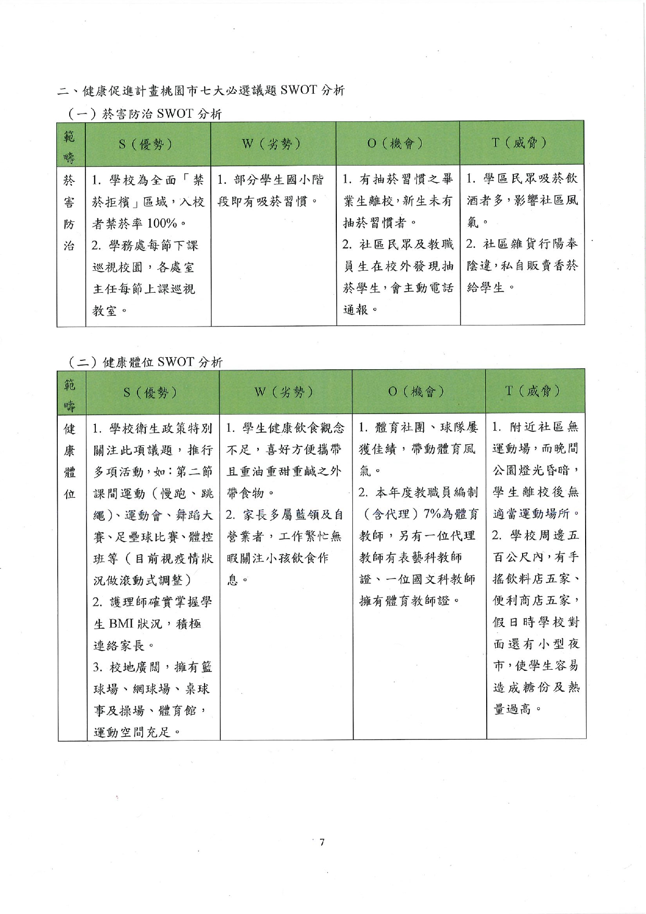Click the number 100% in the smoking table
[162, 223]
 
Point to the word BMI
[122, 623]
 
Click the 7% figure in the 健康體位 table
[433, 514]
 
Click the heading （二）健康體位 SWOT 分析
[146, 362]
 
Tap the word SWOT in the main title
[298, 90]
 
